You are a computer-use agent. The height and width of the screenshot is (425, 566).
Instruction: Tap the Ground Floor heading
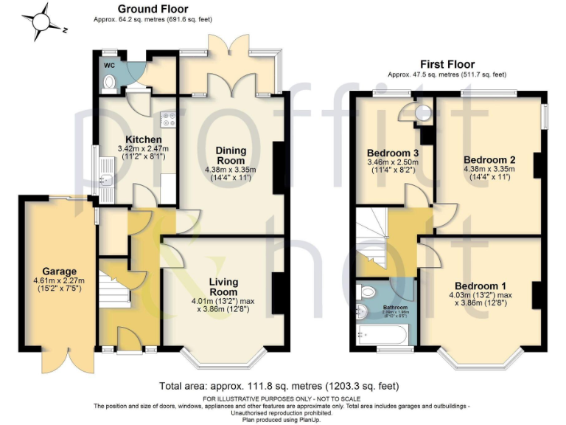pos(153,10)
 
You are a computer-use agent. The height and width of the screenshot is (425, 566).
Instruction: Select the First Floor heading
pos(447,64)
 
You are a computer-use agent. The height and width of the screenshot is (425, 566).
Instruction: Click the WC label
pos(109,65)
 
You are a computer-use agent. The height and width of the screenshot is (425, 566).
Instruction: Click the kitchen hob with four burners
pos(168,117)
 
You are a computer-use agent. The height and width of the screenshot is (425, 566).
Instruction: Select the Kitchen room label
pos(143,139)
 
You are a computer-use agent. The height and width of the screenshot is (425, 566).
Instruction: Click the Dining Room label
pos(231,156)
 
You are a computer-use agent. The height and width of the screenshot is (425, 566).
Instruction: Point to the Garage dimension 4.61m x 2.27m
pos(59,281)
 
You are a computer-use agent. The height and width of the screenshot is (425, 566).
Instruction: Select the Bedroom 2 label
pos(489,159)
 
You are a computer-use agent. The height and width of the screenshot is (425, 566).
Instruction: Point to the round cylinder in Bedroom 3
pos(424,113)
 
